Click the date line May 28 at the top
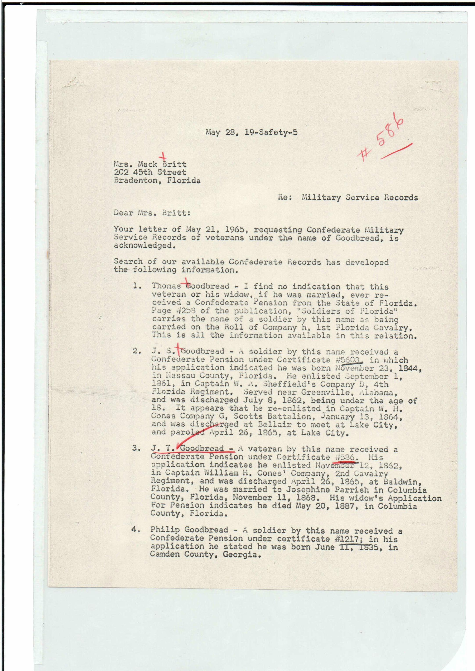coord(251,132)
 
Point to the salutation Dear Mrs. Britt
coord(152,213)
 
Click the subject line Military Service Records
coord(359,198)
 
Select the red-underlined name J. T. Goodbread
coord(192,449)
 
